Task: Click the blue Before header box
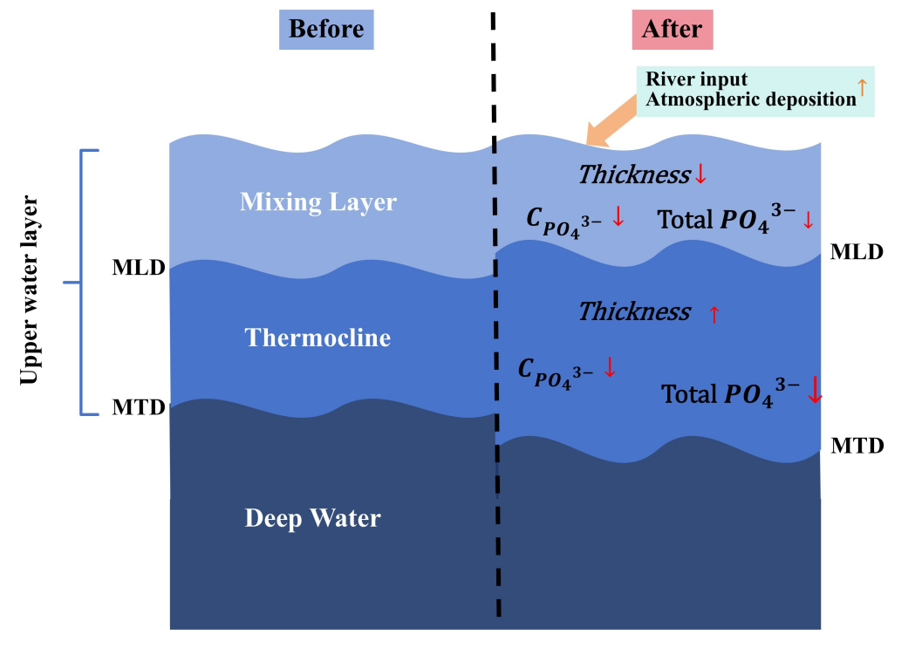(326, 29)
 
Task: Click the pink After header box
(673, 29)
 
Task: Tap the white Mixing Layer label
(318, 202)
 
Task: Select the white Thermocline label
(318, 338)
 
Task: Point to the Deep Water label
(313, 518)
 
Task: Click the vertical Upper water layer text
(29, 290)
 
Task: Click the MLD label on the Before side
(139, 268)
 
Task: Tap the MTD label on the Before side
(139, 407)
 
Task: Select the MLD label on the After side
(857, 252)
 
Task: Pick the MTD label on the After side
(857, 446)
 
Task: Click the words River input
(696, 78)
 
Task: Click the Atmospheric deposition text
(751, 99)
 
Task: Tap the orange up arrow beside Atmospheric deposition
(863, 87)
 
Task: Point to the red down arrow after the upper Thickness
(700, 174)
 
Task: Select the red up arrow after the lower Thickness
(714, 314)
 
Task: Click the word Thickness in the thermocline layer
(634, 312)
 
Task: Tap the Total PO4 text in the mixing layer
(727, 219)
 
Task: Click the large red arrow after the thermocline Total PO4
(815, 390)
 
